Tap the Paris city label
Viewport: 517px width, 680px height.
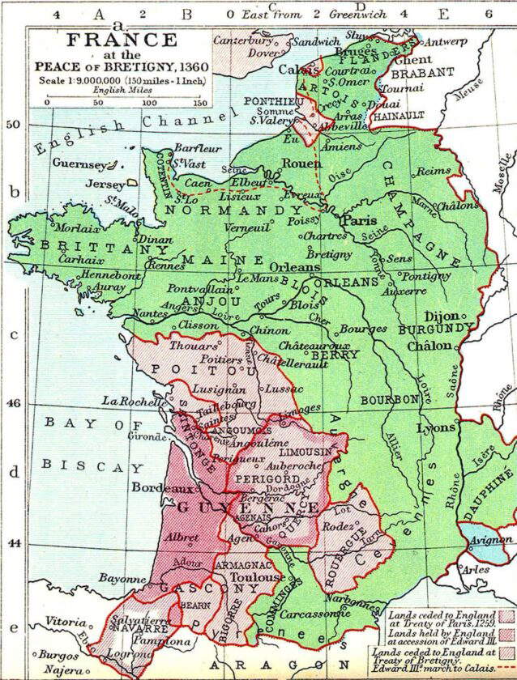click(357, 219)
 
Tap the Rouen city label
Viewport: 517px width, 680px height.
click(301, 163)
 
